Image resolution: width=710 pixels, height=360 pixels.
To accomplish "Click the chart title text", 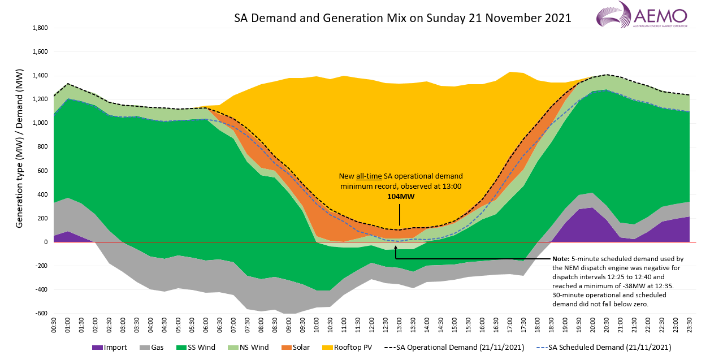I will pos(402,18).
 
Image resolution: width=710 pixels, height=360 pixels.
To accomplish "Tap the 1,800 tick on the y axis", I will pos(40,28).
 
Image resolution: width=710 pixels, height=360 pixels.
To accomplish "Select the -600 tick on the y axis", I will pos(41,314).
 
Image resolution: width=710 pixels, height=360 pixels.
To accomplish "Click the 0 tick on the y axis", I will pos(46,242).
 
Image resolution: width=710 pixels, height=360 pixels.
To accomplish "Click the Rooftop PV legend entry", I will pos(345,348).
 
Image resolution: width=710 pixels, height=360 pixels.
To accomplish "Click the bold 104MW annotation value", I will pos(399,196).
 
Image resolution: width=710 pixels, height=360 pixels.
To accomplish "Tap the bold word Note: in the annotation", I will pos(562,258).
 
